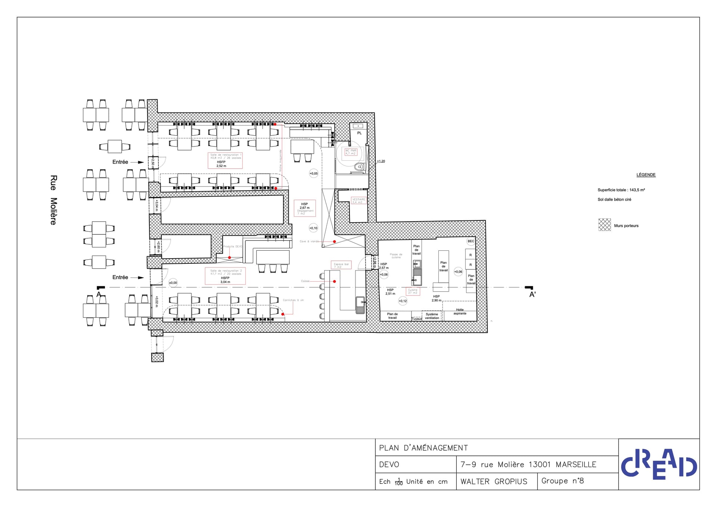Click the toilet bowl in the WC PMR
tap(359, 167)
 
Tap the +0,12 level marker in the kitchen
tap(403, 301)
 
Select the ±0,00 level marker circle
tap(173, 283)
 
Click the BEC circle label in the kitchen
tap(471, 241)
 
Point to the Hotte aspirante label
tap(460, 312)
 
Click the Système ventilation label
tap(432, 316)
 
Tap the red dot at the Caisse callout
tap(335, 281)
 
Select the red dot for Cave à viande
tap(335, 242)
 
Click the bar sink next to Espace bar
tap(360, 304)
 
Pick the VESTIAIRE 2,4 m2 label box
tap(358, 201)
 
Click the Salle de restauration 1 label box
tap(225, 160)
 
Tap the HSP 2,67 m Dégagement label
tap(305, 208)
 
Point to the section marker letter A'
tap(532, 294)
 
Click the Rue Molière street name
tap(53, 200)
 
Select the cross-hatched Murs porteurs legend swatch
tap(605, 225)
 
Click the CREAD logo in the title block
tap(659, 464)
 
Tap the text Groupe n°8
tap(562, 481)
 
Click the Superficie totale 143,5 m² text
tap(621, 190)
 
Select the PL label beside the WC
tap(359, 133)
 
